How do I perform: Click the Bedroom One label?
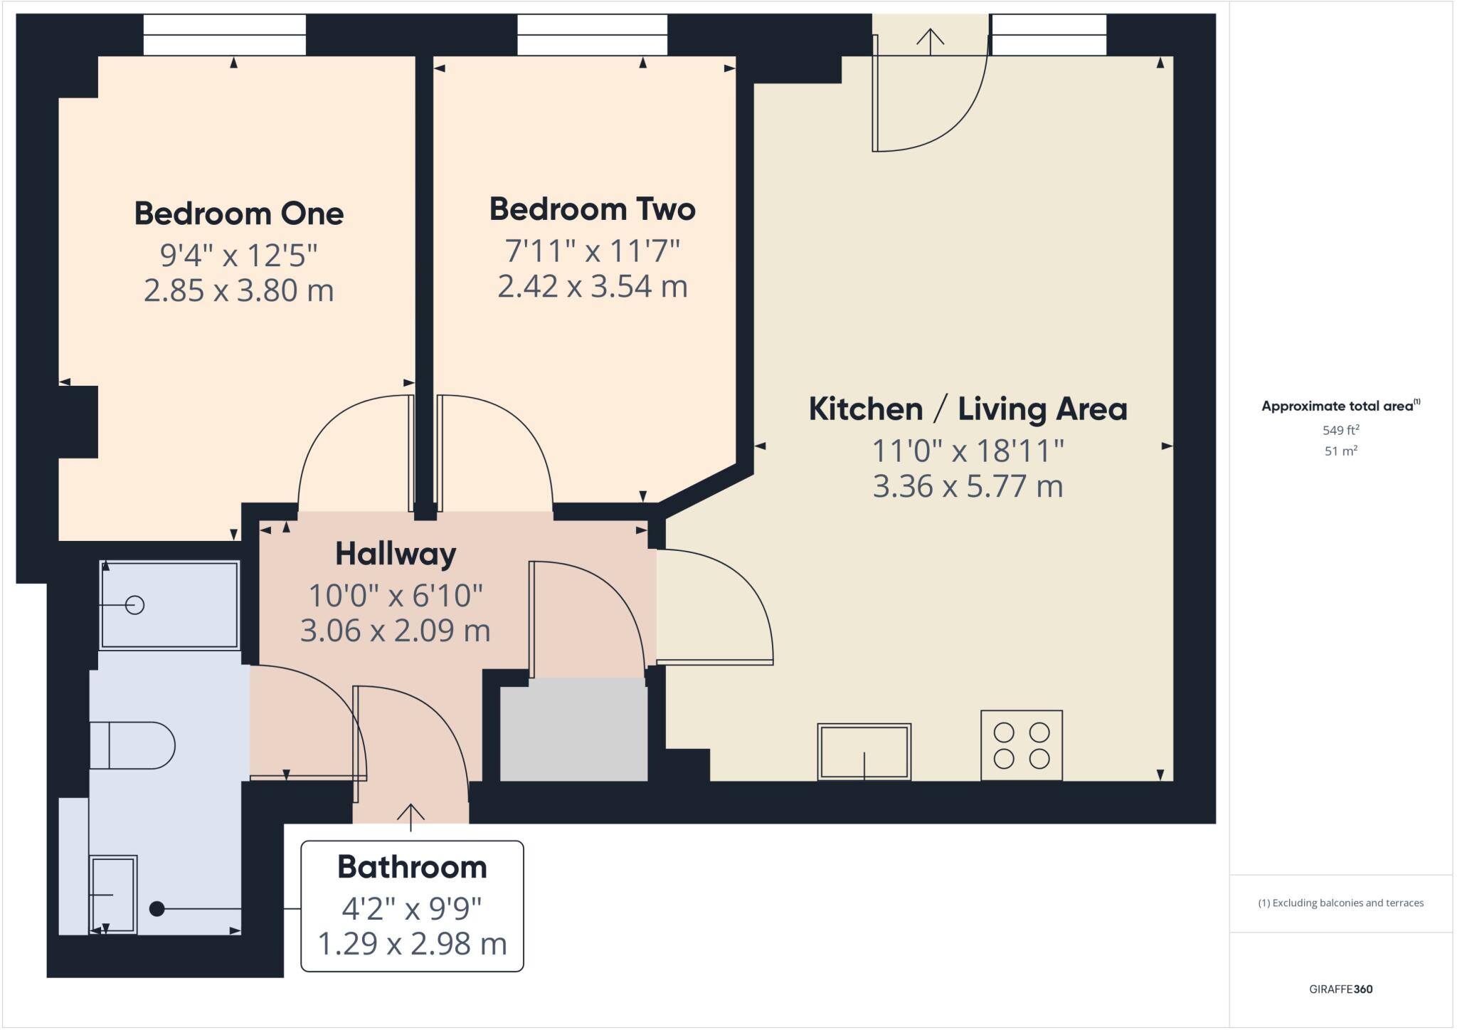(239, 214)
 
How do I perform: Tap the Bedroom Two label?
(592, 209)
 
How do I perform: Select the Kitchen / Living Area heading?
(968, 409)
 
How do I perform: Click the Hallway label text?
(396, 554)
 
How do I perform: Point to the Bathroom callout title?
(412, 867)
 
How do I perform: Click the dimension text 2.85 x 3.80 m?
(239, 290)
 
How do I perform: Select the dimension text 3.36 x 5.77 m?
(968, 487)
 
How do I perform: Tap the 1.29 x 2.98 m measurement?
(412, 944)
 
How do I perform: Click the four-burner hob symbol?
(1021, 745)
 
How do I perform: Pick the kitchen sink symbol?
(864, 752)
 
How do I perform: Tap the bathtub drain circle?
(134, 605)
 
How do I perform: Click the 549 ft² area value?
(1341, 430)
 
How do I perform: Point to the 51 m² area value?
(1341, 451)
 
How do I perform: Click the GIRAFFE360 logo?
(1341, 989)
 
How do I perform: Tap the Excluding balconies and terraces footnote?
(1341, 903)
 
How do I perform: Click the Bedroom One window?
(225, 35)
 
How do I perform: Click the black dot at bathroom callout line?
(157, 909)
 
